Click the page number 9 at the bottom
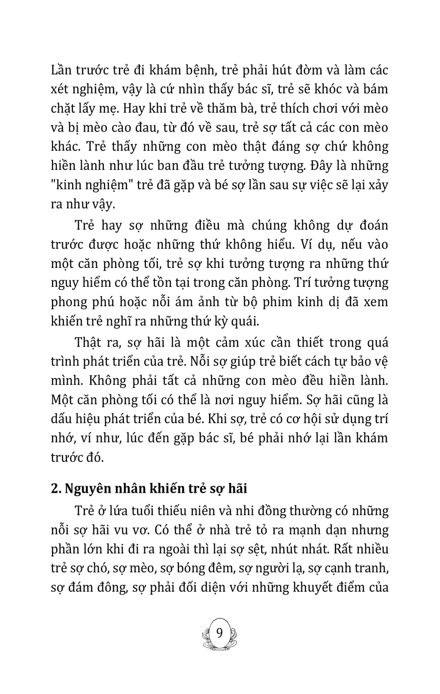pos(220,633)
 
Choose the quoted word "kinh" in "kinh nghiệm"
pos(71,185)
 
